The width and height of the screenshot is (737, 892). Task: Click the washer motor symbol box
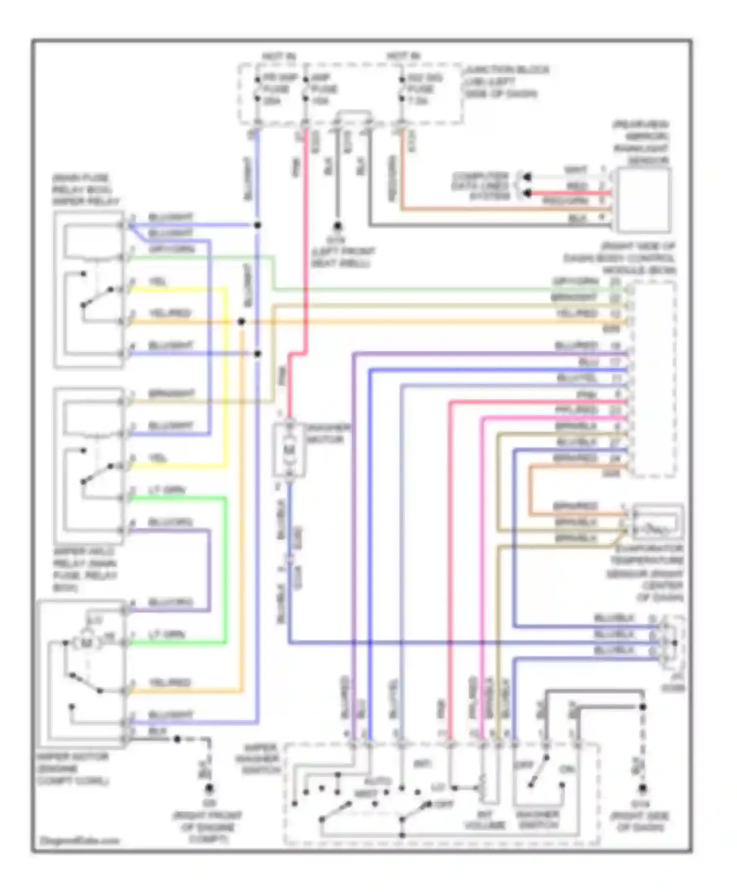pos(289,449)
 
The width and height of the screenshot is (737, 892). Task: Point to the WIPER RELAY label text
pos(85,202)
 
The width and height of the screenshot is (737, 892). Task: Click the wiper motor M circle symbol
pos(86,642)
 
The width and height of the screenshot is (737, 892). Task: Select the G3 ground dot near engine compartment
pos(209,788)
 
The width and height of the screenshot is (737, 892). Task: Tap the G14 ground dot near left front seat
pos(337,226)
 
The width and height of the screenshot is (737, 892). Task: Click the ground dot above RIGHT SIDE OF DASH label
pos(642,788)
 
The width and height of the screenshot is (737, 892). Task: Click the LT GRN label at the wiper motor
pos(167,634)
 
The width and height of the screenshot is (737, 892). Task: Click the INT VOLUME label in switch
pos(484,820)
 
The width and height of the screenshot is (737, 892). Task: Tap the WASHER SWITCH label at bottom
pos(538,820)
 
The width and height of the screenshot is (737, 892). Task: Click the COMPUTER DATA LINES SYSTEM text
pos(481,186)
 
